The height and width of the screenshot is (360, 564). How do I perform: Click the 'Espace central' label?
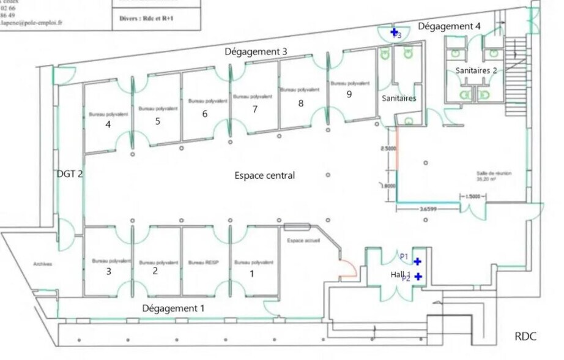point(264,176)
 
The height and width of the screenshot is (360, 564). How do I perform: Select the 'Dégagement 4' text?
point(450,26)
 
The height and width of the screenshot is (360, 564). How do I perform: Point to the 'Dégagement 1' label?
point(173,309)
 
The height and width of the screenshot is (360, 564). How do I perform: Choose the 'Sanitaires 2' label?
point(476,71)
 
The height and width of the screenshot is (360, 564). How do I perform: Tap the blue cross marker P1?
point(417,261)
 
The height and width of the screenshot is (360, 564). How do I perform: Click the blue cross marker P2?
point(418,277)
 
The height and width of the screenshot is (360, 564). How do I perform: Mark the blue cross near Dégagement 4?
point(395,32)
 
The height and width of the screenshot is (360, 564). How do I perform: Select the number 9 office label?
point(349,94)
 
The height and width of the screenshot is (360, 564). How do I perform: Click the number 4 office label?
point(108,124)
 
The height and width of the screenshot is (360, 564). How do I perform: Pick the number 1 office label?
point(251,274)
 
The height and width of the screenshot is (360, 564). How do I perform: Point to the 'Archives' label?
point(43,264)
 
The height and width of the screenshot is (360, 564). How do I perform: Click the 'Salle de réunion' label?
point(494,174)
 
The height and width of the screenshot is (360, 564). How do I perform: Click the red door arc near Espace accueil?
point(349,268)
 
